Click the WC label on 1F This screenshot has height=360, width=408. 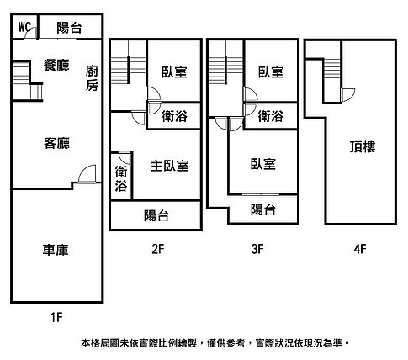pyautogui.click(x=24, y=27)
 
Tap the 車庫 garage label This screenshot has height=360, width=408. pyautogui.click(x=56, y=250)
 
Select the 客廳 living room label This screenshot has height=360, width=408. pyautogui.click(x=56, y=143)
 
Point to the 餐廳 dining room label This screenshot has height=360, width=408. pyautogui.click(x=56, y=65)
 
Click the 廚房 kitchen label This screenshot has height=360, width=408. pyautogui.click(x=92, y=78)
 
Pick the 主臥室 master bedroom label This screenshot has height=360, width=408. pyautogui.click(x=169, y=166)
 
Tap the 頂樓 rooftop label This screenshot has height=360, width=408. pyautogui.click(x=363, y=146)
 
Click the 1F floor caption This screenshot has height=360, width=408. pyautogui.click(x=56, y=317)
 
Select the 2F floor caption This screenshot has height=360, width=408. pyautogui.click(x=157, y=249)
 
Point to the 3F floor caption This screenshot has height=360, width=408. pyautogui.click(x=257, y=249)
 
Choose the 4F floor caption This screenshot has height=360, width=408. pyautogui.click(x=360, y=249)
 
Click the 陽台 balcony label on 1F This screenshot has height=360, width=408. pyautogui.click(x=69, y=28)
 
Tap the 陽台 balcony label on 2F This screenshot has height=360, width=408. pyautogui.click(x=156, y=215)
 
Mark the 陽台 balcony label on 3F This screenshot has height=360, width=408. pyautogui.click(x=262, y=209)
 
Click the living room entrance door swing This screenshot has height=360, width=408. pyautogui.click(x=87, y=174)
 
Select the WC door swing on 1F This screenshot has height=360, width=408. pyautogui.click(x=30, y=33)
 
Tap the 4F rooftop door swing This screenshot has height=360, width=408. pyautogui.click(x=348, y=95)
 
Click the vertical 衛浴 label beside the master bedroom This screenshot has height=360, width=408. pyautogui.click(x=121, y=178)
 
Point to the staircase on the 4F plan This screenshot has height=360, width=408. pyautogui.click(x=332, y=69)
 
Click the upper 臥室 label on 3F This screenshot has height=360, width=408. pyautogui.click(x=271, y=72)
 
